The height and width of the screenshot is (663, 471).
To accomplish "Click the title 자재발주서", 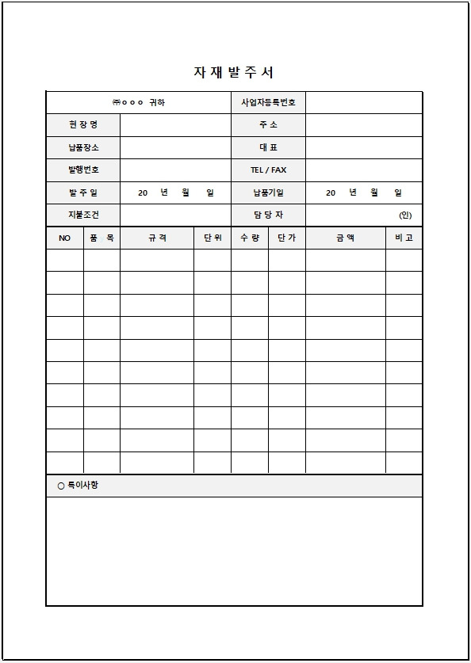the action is coord(234,72).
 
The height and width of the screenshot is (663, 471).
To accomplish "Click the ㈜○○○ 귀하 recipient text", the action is coord(138,103).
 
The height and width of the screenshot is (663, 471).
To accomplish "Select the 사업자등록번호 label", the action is coord(268,103).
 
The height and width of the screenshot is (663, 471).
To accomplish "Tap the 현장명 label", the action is coord(83,125).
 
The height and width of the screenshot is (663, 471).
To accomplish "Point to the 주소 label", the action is coord(268,125).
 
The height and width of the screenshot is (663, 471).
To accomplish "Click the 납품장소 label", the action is coord(83,147).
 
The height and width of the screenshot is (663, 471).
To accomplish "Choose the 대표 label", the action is coord(268,147).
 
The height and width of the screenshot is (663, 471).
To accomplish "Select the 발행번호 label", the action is coord(83,170).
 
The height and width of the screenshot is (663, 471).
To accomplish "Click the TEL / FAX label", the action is coord(268,170).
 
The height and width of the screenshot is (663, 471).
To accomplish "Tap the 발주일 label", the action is coord(83,192).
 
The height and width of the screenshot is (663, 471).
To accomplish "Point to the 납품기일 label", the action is coord(268,192).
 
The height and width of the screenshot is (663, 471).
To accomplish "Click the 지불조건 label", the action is coord(83,215).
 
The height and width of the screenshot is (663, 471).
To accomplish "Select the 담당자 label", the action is coord(268,215).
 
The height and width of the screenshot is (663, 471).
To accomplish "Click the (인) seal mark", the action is coord(405,215).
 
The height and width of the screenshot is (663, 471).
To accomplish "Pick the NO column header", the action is coord(64,238).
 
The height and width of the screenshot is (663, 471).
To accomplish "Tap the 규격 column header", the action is coord(157,238).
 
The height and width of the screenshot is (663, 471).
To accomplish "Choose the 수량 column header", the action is coord(249,238).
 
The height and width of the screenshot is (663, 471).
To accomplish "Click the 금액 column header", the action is coord(345,238).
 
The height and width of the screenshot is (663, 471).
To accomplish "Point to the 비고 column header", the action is coord(404,238).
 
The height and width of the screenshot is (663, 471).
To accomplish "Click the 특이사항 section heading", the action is coord(78,486).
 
